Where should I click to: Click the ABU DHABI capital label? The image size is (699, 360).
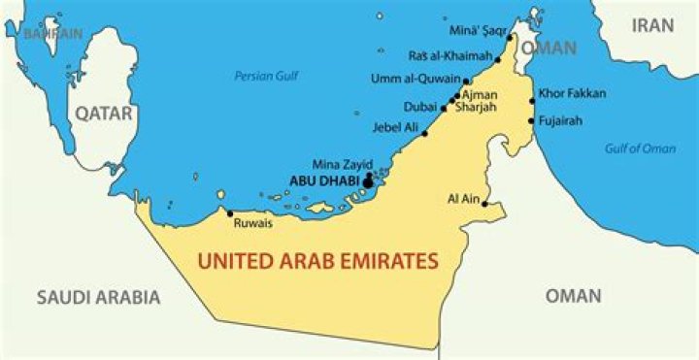coord(324,180)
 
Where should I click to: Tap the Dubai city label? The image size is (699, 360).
coord(419,108)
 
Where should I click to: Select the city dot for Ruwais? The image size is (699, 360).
coord(229,213)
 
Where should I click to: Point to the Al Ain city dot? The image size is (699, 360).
coord(483,204)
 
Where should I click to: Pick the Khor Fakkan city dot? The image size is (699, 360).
coord(532,101)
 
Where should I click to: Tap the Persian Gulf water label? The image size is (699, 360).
coord(265,76)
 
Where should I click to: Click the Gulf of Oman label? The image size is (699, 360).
coord(640,148)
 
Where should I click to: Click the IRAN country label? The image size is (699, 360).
coord(652,26)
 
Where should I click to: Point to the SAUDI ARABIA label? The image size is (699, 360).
coord(98,297)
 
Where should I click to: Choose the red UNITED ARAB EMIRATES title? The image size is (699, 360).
coord(317,260)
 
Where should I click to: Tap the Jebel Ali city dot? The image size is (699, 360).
coord(424,132)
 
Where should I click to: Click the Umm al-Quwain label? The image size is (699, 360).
coord(416,79)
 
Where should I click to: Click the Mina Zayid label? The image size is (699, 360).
coord(342,164)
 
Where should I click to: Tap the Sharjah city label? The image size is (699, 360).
coord(475,108)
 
